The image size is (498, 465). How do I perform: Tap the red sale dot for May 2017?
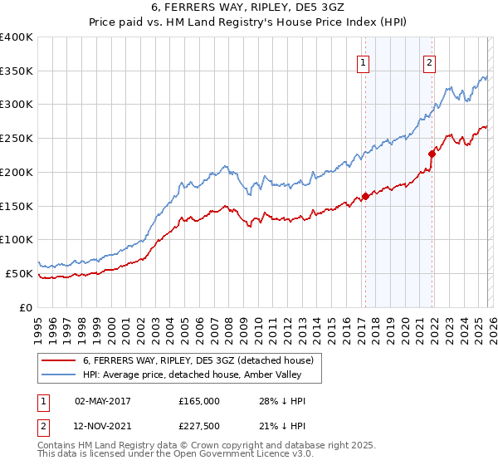(365, 196)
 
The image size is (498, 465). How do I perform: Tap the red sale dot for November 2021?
(432, 154)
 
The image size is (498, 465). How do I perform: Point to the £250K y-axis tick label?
(17, 139)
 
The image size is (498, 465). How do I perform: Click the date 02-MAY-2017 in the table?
(103, 401)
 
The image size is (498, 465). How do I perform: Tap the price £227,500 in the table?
(199, 426)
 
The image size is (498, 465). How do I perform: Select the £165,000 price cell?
(199, 401)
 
